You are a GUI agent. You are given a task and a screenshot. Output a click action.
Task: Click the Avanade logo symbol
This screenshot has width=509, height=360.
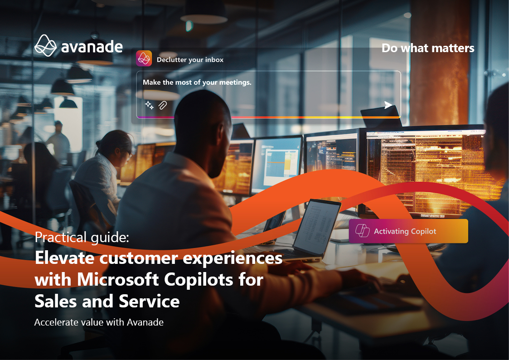point(45,46)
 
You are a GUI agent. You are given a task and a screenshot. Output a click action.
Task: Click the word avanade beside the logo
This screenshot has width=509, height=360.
point(92,47)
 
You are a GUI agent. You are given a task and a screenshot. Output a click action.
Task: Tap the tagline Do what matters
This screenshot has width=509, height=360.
point(428,48)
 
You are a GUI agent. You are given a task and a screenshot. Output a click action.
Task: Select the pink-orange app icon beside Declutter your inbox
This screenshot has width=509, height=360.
point(144,58)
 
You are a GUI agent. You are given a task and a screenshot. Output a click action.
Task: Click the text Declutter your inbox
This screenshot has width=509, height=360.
point(190,60)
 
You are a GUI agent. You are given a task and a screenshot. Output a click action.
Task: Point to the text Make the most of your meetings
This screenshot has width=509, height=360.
point(197,83)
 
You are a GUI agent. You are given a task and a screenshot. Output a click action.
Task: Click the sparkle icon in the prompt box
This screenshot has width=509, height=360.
point(149,105)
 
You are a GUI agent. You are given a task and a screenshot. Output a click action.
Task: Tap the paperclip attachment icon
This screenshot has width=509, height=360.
point(163,105)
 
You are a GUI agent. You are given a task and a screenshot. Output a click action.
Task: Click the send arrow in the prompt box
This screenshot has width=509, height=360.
point(388,105)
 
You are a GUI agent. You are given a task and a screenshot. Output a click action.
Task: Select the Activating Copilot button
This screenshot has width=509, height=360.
point(408,231)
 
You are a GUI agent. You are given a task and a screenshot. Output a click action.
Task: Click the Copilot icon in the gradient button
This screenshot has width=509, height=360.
point(362,231)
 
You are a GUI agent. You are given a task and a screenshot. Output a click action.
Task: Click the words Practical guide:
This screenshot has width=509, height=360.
point(82,237)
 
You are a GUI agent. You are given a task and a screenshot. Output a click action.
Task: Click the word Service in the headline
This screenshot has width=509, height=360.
point(149,301)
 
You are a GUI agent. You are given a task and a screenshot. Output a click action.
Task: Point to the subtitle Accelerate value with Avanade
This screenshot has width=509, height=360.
point(99,322)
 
